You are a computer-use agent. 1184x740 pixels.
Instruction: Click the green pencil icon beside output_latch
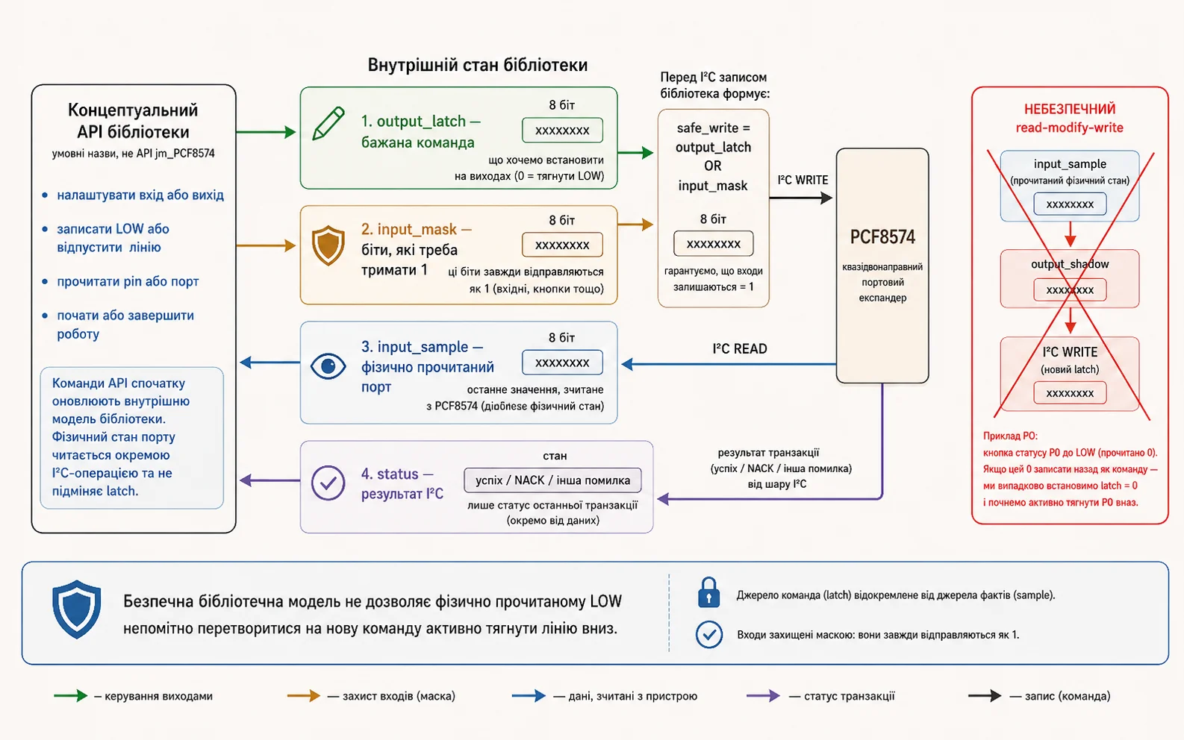[x=328, y=123]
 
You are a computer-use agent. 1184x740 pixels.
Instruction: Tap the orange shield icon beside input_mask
[x=328, y=245]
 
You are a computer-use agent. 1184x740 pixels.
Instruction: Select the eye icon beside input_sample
[x=328, y=366]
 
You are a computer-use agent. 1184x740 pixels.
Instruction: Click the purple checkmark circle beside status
[x=328, y=483]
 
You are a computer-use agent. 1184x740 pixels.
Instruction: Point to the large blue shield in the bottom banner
[x=77, y=609]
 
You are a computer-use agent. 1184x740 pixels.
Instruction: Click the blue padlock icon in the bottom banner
[x=708, y=592]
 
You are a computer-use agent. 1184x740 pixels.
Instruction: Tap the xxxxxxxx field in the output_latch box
[x=562, y=130]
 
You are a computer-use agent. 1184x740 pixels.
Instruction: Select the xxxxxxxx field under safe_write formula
[x=714, y=243]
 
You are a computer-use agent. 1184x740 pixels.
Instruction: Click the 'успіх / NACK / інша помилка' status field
[x=553, y=480]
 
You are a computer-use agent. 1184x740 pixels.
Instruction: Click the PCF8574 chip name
[x=882, y=237]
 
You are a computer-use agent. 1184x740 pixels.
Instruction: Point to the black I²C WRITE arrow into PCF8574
[x=801, y=198]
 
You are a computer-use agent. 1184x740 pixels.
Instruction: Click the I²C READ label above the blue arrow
[x=740, y=348]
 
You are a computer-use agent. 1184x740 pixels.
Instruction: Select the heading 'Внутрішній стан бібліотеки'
[x=477, y=65]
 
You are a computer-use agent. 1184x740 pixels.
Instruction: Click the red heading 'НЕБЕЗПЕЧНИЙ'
[x=1070, y=110]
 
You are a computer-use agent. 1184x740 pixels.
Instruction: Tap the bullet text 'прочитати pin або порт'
[x=128, y=281]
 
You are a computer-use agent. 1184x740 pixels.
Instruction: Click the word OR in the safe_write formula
[x=712, y=166]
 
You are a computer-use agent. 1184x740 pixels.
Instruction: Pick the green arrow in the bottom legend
[x=71, y=696]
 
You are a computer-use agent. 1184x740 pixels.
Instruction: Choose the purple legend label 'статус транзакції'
[x=850, y=696]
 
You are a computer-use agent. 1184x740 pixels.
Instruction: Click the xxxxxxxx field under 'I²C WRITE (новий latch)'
[x=1070, y=393]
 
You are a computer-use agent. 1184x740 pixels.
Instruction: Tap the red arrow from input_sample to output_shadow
[x=1071, y=234]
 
